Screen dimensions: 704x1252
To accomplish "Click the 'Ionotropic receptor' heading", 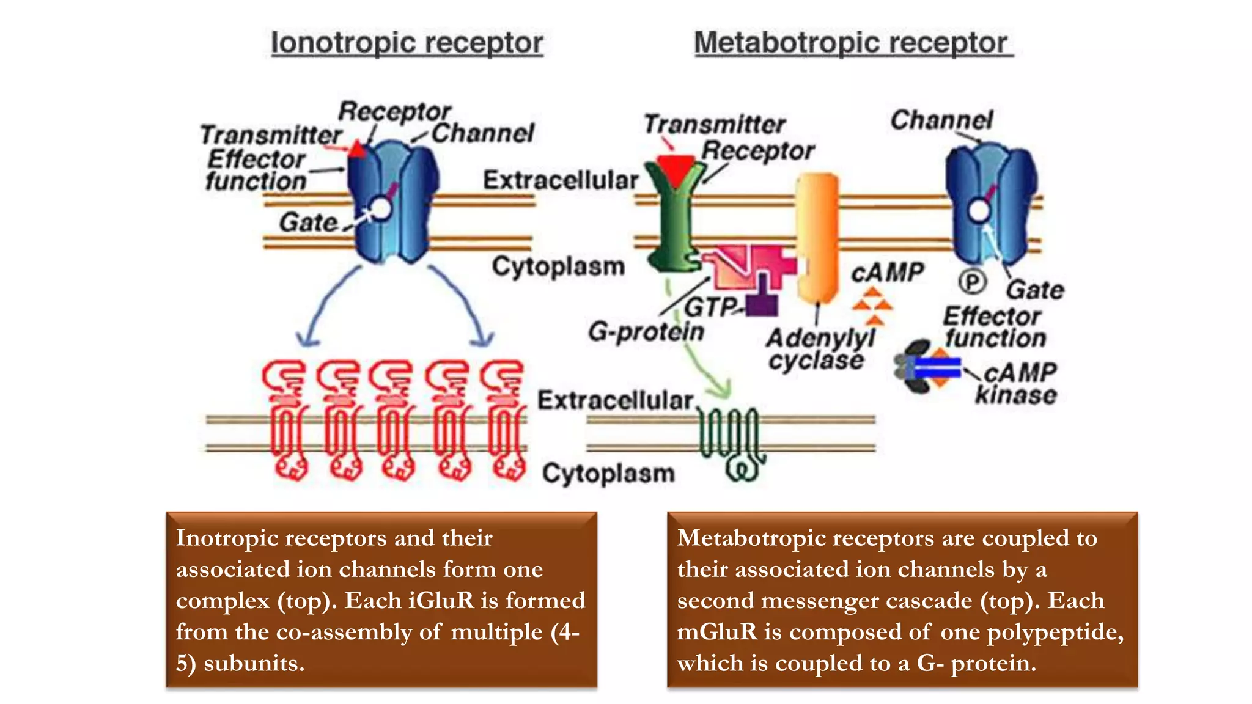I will click(407, 43).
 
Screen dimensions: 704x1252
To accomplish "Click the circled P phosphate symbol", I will click(971, 282).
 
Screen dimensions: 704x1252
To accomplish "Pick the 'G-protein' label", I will click(646, 332).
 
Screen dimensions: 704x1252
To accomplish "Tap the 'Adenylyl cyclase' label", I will click(819, 348).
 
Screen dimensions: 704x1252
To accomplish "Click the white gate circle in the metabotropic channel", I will click(979, 211).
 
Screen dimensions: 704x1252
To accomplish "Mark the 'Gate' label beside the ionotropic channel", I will click(308, 222).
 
